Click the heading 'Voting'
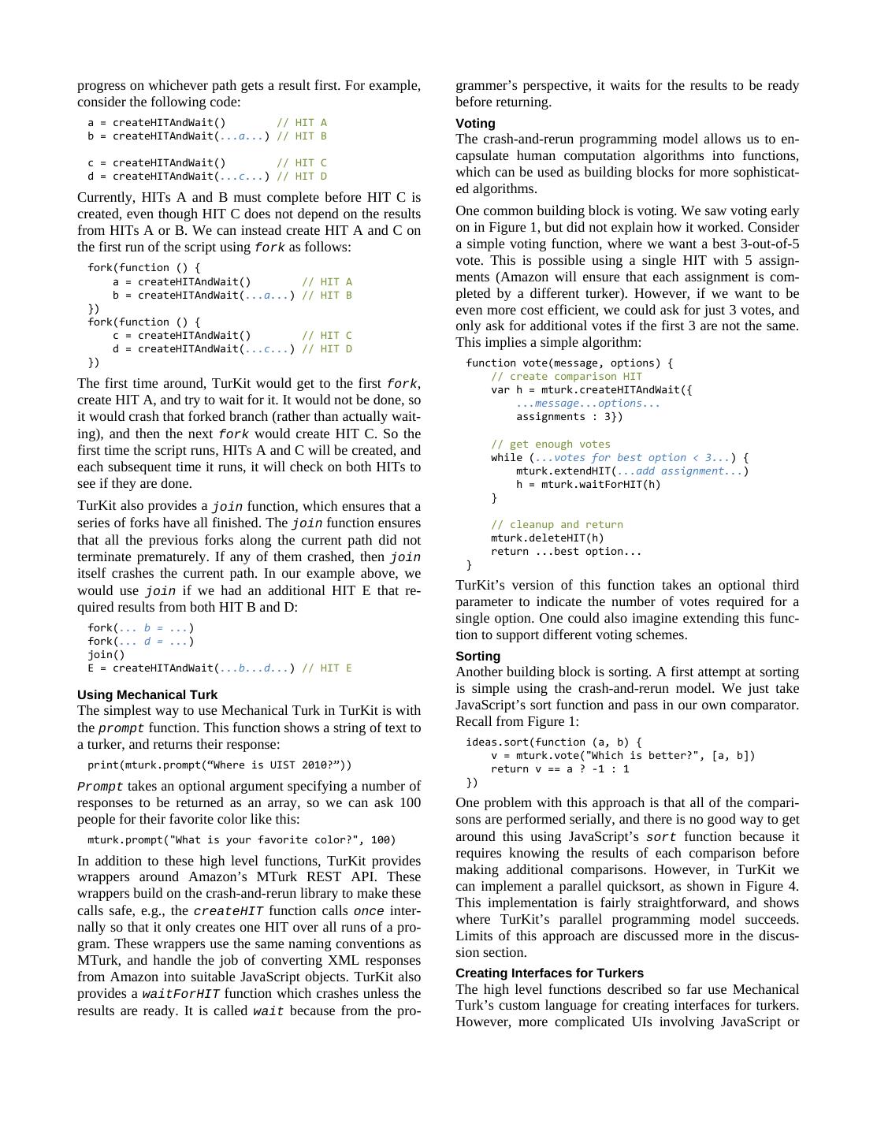click(x=475, y=124)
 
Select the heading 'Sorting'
click(x=478, y=657)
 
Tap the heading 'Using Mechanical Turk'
click(x=147, y=695)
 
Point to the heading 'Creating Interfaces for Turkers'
click(x=549, y=973)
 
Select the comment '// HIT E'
click(x=327, y=668)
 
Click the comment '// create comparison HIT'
click(x=567, y=377)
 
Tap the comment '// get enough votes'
click(x=551, y=445)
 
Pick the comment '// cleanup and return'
click(x=557, y=525)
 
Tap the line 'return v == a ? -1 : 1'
click(x=560, y=769)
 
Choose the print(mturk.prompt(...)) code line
click(x=220, y=765)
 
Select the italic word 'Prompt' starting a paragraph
click(x=100, y=787)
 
